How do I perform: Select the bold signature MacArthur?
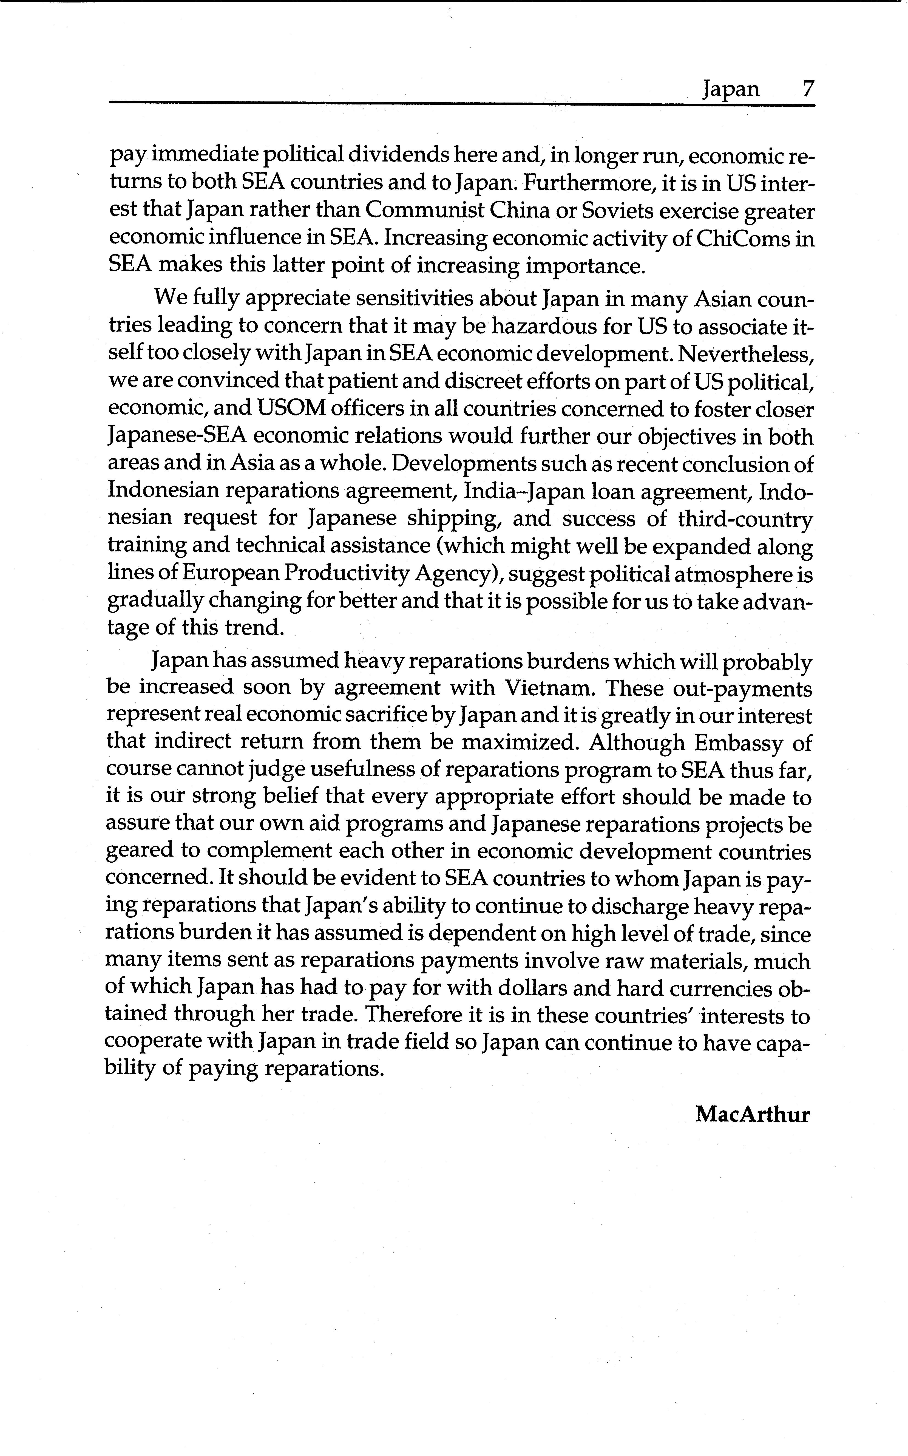tap(753, 1115)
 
